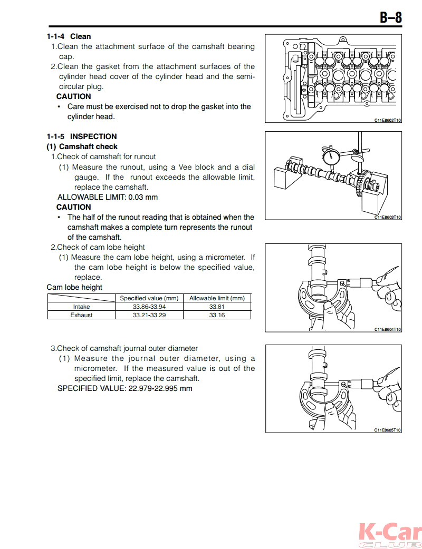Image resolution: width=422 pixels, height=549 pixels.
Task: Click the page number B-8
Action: point(391,17)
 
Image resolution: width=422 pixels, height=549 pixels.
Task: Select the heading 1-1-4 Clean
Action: point(69,36)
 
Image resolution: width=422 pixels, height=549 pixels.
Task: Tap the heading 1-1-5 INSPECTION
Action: point(81,136)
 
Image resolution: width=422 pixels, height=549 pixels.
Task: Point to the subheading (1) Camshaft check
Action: point(82,146)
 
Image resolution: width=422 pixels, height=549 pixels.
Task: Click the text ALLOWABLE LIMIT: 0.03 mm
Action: point(107,197)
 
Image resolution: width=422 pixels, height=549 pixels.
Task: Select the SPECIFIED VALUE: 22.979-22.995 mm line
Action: point(124,388)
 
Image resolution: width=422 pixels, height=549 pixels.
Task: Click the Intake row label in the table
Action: point(81,307)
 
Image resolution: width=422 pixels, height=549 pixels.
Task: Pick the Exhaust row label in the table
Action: point(81,315)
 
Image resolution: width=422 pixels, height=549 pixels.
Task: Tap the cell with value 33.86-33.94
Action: point(149,307)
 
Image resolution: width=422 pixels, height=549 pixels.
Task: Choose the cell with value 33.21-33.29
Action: point(149,315)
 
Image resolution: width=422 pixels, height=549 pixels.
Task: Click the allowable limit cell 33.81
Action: point(217,307)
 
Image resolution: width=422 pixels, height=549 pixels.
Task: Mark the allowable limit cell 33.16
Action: point(217,315)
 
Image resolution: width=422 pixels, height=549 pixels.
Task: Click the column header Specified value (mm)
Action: point(149,298)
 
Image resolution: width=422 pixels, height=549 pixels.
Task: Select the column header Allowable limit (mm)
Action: point(217,298)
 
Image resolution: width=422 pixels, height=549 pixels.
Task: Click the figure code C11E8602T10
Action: point(388,120)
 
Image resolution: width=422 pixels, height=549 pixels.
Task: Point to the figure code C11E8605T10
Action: point(388,430)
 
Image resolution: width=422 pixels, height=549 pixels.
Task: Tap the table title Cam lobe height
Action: point(74,287)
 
